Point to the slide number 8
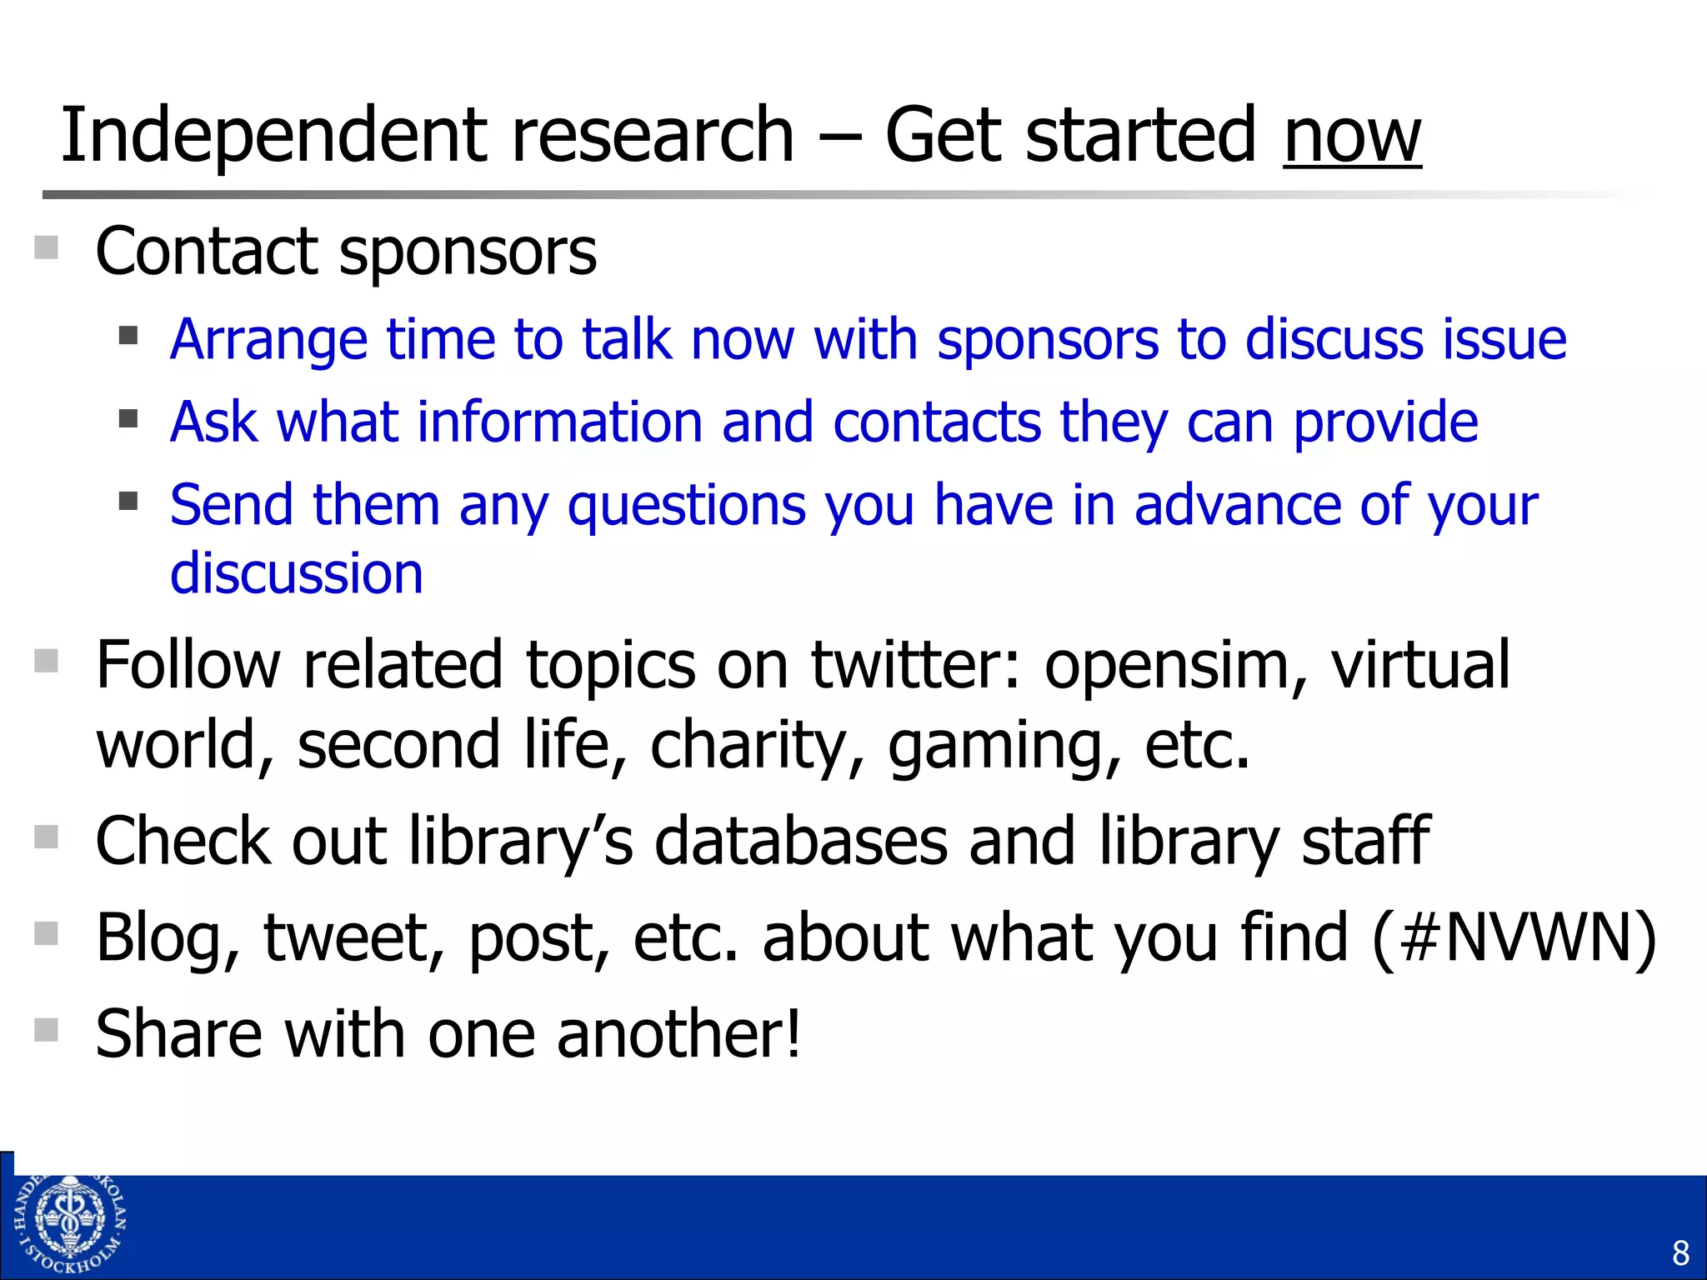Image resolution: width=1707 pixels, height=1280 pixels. pos(1679,1252)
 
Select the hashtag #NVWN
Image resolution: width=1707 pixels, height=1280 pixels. pos(1514,937)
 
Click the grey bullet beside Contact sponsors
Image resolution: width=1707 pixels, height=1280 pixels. pos(47,248)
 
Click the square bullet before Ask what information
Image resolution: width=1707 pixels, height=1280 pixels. pos(128,418)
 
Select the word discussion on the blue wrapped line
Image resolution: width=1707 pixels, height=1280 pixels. pos(297,573)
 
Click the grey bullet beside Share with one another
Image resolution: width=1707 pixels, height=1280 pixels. pos(47,1030)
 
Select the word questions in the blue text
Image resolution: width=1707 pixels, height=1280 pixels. pos(687,506)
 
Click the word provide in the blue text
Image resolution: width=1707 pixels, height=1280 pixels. pos(1385,423)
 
